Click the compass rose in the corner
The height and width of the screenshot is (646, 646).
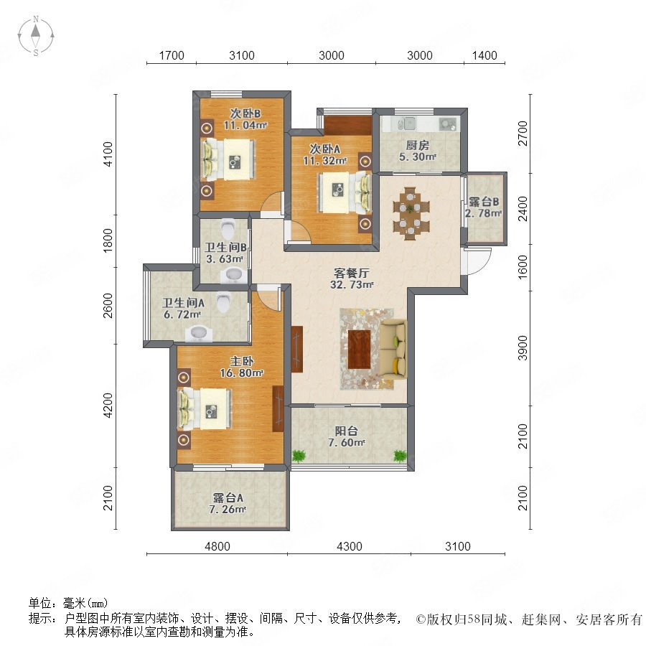click(36, 36)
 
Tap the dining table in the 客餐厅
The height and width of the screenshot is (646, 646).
click(411, 213)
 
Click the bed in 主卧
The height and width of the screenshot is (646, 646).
click(205, 408)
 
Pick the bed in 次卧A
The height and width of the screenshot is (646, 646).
click(345, 193)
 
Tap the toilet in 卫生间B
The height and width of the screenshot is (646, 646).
click(228, 227)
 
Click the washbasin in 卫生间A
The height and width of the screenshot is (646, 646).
click(199, 334)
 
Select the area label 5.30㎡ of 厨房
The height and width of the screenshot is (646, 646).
click(417, 157)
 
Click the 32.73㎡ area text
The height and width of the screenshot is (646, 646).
click(352, 285)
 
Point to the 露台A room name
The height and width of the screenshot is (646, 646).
click(228, 497)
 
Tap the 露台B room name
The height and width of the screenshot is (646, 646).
click(484, 202)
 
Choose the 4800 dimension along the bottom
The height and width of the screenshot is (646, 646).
click(217, 546)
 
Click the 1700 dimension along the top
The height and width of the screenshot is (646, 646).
click(172, 55)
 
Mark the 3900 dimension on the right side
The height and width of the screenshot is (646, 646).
click(523, 347)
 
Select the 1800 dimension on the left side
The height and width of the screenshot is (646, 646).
click(108, 240)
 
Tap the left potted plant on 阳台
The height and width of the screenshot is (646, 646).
click(299, 456)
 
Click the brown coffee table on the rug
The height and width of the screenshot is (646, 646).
click(360, 349)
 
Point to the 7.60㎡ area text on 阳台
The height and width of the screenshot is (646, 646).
click(346, 443)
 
